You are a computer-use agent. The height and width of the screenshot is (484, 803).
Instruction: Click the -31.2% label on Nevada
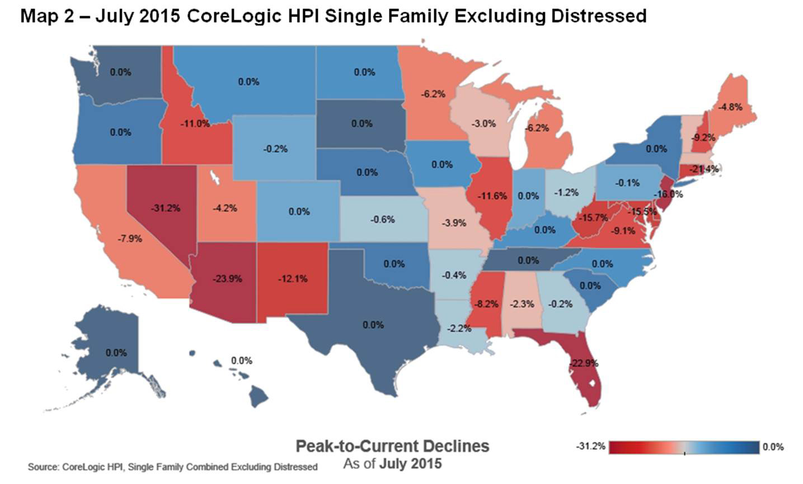tap(165, 208)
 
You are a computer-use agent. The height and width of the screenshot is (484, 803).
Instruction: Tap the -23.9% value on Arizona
tap(228, 278)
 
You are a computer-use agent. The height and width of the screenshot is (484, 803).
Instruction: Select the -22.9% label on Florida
tap(584, 363)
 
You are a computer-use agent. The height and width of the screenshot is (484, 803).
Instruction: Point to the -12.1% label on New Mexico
tap(293, 278)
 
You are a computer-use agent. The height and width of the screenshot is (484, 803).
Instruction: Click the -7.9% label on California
tap(130, 239)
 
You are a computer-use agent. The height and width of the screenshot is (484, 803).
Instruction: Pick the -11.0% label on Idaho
tap(195, 124)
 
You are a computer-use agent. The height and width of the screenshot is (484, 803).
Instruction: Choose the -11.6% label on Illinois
tap(493, 196)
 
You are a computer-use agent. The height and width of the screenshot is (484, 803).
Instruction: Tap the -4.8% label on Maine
tap(730, 107)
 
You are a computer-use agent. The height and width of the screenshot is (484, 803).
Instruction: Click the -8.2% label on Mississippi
tap(485, 305)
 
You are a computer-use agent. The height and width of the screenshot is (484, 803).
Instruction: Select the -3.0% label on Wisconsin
tap(483, 124)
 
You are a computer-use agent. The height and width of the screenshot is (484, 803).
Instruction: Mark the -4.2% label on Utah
tap(225, 208)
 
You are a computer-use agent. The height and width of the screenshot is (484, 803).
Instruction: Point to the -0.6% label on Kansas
tap(382, 220)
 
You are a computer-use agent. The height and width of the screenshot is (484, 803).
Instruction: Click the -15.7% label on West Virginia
tap(594, 217)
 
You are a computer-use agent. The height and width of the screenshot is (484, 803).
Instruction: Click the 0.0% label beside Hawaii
tap(242, 361)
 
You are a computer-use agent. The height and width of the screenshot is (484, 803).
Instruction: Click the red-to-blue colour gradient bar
tap(684, 447)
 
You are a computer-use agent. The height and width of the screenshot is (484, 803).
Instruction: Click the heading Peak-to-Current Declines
tap(392, 446)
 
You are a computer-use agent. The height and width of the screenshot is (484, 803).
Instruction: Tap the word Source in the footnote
tap(41, 467)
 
